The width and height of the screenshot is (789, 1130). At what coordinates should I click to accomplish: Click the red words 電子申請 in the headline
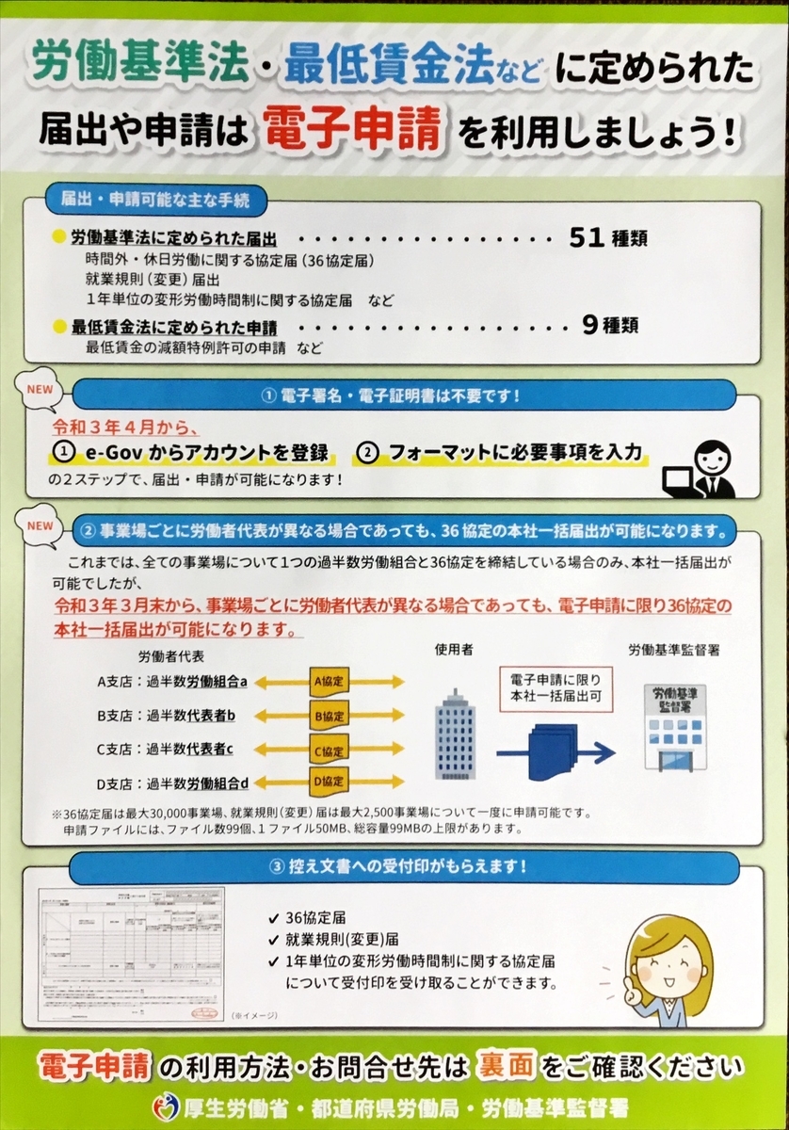352,129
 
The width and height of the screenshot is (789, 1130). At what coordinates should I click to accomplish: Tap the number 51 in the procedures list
586,238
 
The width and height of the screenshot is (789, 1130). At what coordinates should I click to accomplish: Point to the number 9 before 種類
590,326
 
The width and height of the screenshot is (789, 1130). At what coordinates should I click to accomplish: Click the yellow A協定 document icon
330,681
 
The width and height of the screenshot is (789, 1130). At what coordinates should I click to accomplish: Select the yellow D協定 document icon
330,781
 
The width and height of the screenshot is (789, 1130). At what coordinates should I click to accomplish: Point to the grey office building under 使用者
456,734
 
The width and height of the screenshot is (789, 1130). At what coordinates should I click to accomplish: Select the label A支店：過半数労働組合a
172,681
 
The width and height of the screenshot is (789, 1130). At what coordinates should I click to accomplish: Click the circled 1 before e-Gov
64,453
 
